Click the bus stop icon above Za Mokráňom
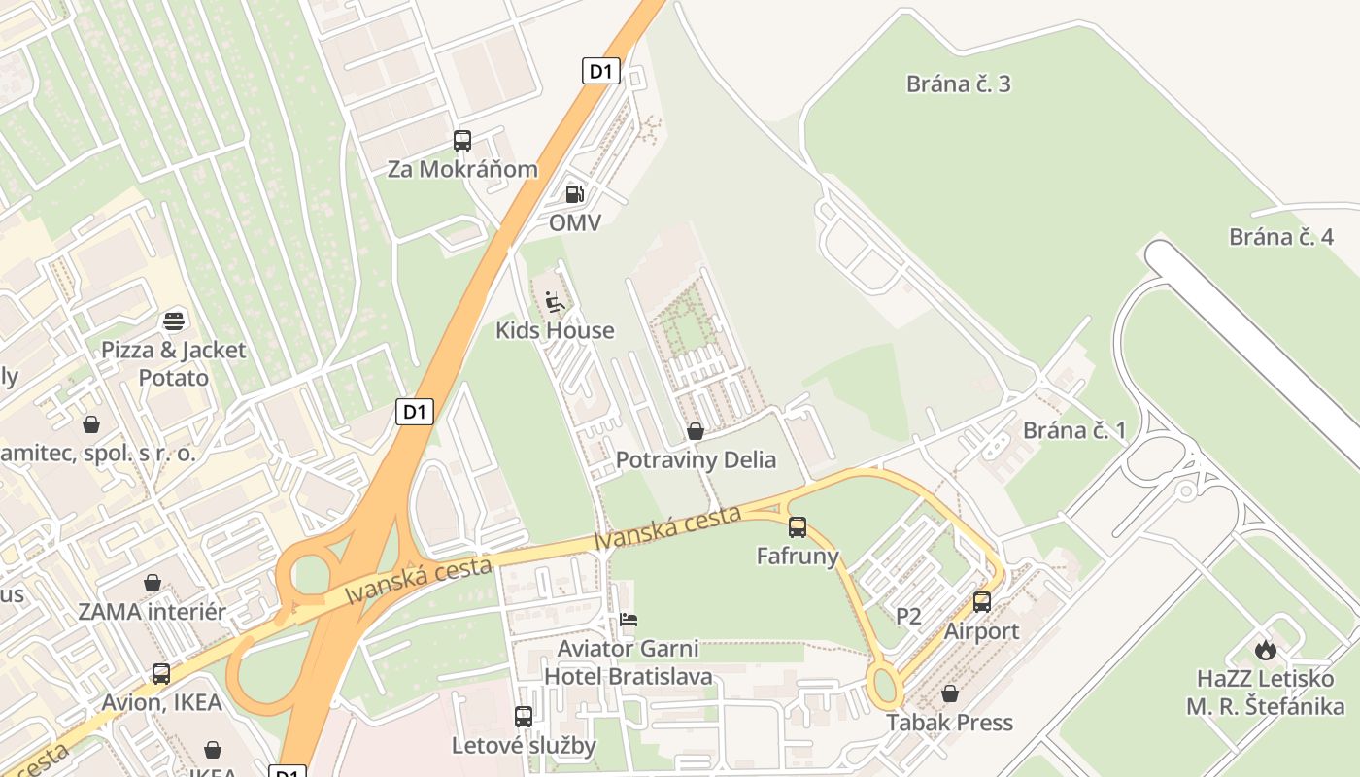click(x=462, y=141)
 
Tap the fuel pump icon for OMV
click(x=575, y=194)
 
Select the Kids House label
click(x=555, y=330)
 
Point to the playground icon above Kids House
click(x=555, y=302)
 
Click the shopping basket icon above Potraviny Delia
click(x=696, y=431)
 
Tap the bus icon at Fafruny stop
click(x=798, y=527)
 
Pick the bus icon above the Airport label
click(x=982, y=602)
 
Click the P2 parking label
click(x=908, y=616)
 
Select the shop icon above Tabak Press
click(x=950, y=693)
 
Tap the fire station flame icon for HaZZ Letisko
click(x=1265, y=649)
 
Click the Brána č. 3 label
click(x=958, y=84)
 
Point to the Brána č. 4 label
click(x=1280, y=237)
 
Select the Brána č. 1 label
click(x=1073, y=430)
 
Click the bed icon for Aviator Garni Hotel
click(x=629, y=620)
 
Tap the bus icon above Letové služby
click(x=524, y=717)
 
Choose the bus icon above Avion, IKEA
click(x=161, y=673)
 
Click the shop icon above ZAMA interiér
click(x=153, y=583)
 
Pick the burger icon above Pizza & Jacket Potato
click(x=175, y=321)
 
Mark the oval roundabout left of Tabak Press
click(x=884, y=686)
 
